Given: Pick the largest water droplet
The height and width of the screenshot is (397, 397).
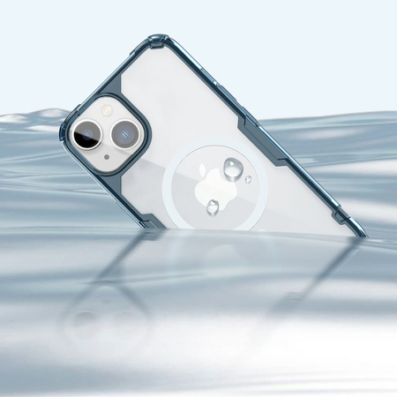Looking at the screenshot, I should (234, 168).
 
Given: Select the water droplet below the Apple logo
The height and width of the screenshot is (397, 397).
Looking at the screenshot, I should (213, 207).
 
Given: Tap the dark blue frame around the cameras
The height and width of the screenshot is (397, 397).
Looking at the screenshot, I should (141, 115).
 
